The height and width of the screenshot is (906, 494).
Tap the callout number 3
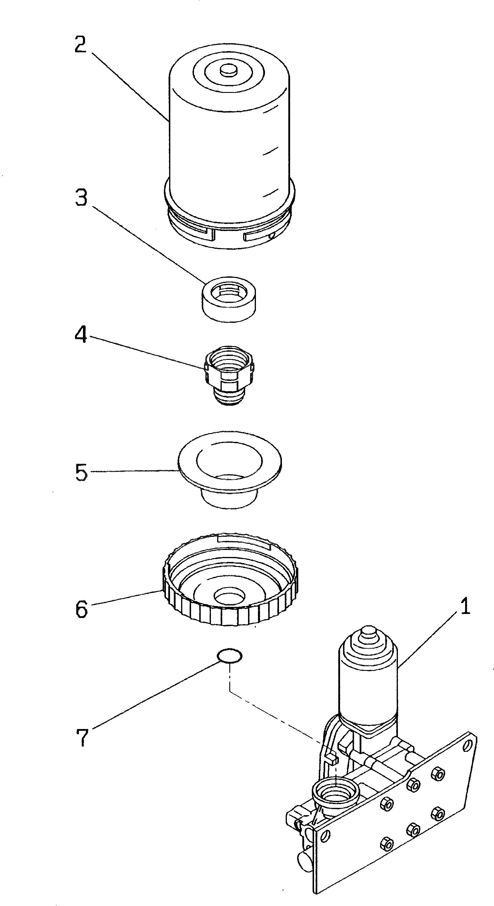tap(81, 198)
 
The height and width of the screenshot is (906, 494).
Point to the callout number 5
tap(81, 472)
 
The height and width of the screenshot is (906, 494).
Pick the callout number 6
tap(81, 608)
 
